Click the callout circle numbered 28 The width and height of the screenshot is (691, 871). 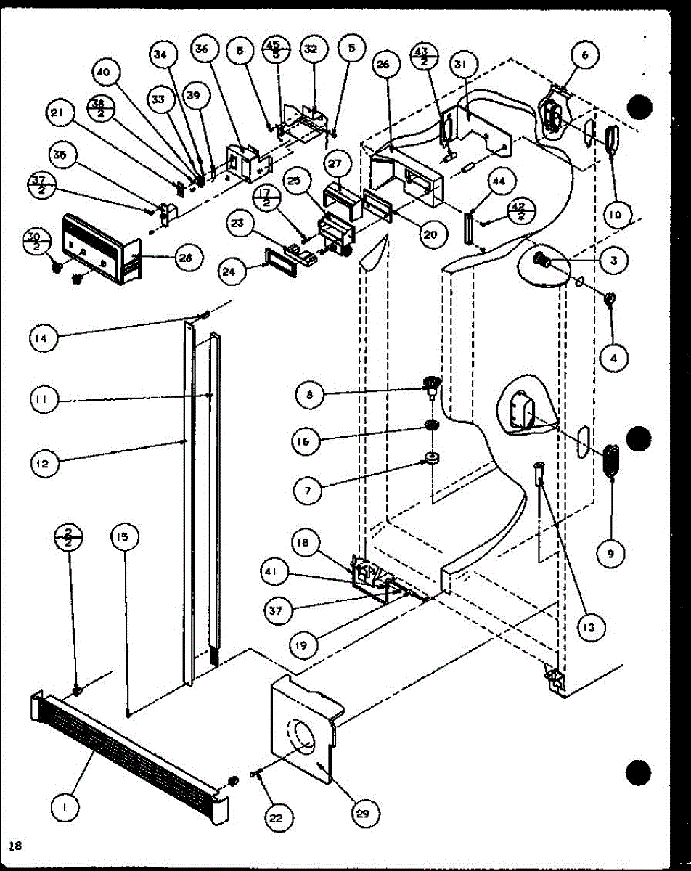(x=189, y=257)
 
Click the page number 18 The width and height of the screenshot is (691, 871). (x=14, y=845)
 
